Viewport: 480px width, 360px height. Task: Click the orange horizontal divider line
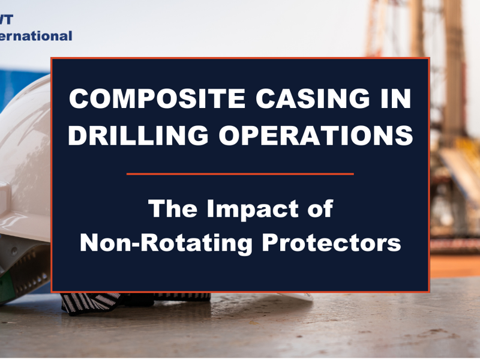pyautogui.click(x=240, y=174)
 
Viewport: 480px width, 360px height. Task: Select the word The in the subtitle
pyautogui.click(x=172, y=209)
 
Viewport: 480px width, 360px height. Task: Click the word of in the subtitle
pyautogui.click(x=319, y=209)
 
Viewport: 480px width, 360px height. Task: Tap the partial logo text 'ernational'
pyautogui.click(x=36, y=35)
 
